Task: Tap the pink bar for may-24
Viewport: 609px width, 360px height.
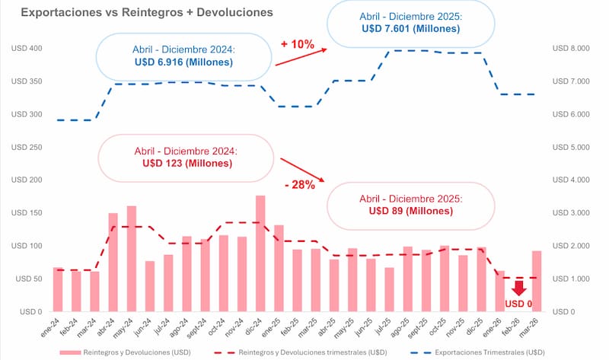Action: click(x=131, y=259)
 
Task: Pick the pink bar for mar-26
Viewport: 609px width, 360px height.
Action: click(x=537, y=281)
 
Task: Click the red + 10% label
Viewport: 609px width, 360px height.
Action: click(x=297, y=44)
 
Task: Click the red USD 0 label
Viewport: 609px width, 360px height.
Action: click(x=520, y=304)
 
